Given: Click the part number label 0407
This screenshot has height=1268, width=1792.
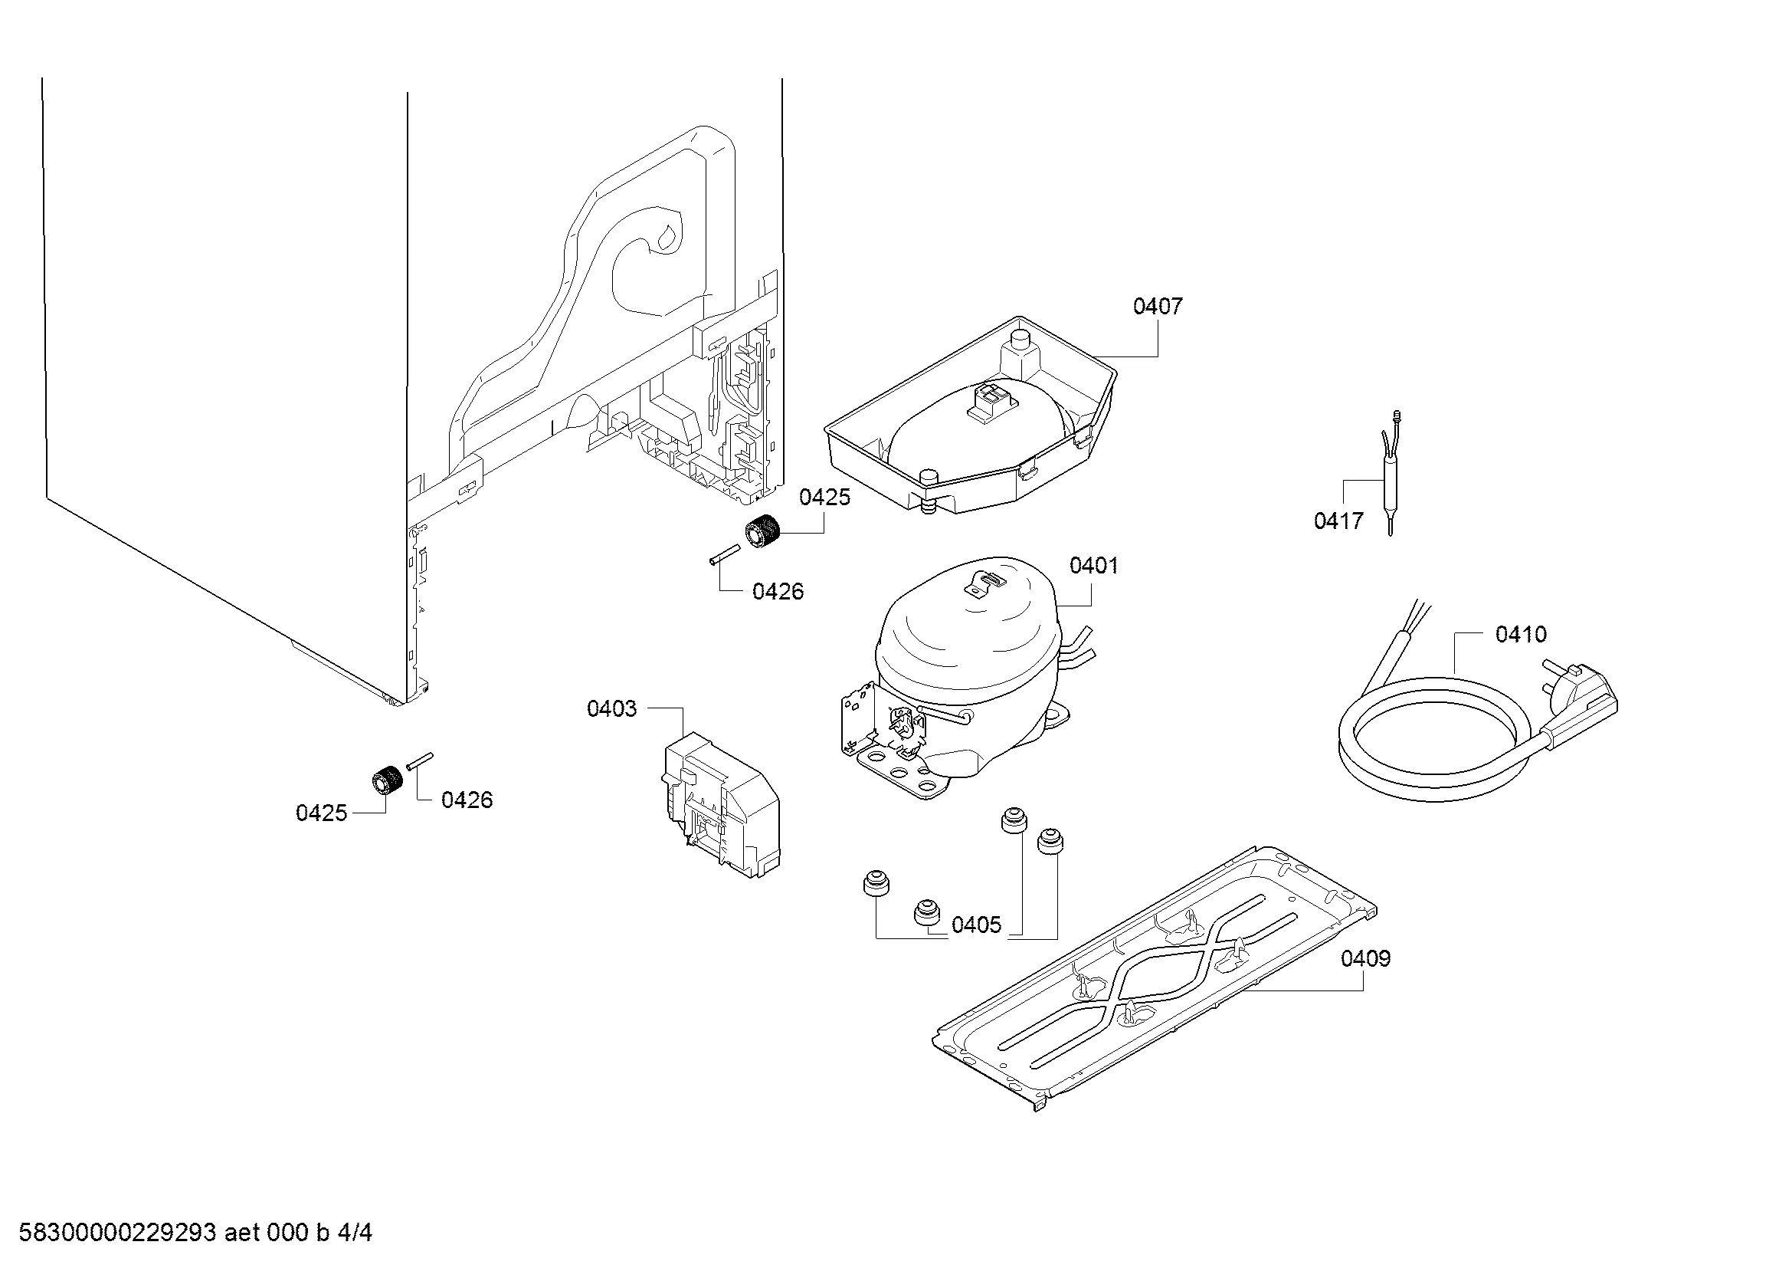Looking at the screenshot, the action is pyautogui.click(x=1158, y=306).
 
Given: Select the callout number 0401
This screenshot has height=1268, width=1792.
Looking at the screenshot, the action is pyautogui.click(x=1093, y=565).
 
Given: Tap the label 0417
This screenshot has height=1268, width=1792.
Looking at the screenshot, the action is pyautogui.click(x=1338, y=521).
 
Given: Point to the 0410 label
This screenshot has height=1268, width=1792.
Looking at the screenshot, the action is pyautogui.click(x=1520, y=634).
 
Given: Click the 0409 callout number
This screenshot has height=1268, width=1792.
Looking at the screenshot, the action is pyautogui.click(x=1366, y=958).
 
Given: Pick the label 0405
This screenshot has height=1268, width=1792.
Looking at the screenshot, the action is pyautogui.click(x=976, y=925).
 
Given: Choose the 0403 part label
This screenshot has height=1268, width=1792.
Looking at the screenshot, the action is pyautogui.click(x=612, y=709).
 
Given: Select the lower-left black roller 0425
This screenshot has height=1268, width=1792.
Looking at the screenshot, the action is pyautogui.click(x=386, y=779).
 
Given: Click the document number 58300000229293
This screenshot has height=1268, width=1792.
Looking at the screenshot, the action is pyautogui.click(x=117, y=1233).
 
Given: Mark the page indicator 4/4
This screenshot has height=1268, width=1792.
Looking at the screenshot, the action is pyautogui.click(x=355, y=1233).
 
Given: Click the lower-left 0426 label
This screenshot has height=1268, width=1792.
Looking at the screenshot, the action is pyautogui.click(x=467, y=800).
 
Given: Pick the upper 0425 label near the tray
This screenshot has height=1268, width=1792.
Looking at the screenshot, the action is pyautogui.click(x=824, y=498).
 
